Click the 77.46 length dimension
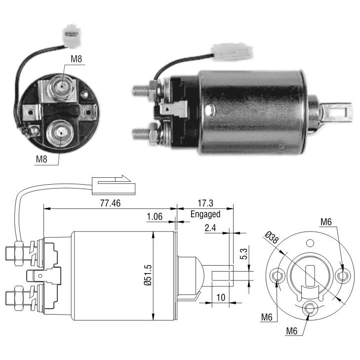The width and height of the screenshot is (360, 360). (x=110, y=203)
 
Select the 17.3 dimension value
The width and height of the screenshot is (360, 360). (x=205, y=203)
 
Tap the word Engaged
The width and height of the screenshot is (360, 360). (x=205, y=214)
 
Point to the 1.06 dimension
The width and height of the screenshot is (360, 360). (x=155, y=216)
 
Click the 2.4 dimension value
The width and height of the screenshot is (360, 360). (x=210, y=228)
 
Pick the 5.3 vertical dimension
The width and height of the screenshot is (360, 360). (x=244, y=254)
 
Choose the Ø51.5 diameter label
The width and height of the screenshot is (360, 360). (x=148, y=275)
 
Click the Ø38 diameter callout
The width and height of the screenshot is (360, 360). (x=272, y=238)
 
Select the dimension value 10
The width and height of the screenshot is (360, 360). (x=221, y=298)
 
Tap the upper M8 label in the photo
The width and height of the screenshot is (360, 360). (x=76, y=59)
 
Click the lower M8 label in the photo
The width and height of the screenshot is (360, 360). (x=41, y=159)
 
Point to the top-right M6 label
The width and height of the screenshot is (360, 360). (x=326, y=222)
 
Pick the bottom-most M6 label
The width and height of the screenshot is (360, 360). (x=292, y=331)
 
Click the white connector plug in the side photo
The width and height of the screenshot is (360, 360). (x=233, y=52)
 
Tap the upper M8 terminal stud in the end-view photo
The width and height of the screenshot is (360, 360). (x=61, y=87)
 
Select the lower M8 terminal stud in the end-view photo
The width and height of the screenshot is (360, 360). (x=60, y=134)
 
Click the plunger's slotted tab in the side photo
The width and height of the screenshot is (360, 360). (x=337, y=112)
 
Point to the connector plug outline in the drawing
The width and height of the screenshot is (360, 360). (x=114, y=186)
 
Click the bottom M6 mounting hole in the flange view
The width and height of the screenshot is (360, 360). (x=309, y=308)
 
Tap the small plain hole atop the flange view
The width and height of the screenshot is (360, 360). (x=310, y=242)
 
